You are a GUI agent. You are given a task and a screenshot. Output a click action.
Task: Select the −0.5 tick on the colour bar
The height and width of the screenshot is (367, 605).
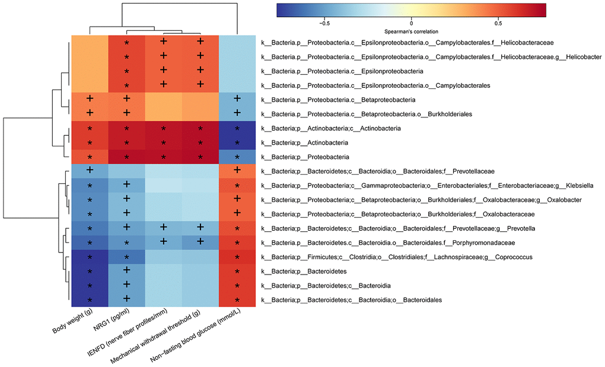tap(324, 23)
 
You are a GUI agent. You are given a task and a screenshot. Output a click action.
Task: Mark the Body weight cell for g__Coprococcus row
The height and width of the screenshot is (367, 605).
tap(90, 257)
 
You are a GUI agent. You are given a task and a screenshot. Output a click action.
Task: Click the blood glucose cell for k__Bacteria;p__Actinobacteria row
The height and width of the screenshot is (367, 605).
tap(237, 143)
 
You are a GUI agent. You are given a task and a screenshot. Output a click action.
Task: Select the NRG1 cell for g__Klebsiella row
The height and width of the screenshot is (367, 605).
tap(126, 186)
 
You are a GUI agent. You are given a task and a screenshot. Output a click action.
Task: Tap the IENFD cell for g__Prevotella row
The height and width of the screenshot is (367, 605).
tap(164, 228)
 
